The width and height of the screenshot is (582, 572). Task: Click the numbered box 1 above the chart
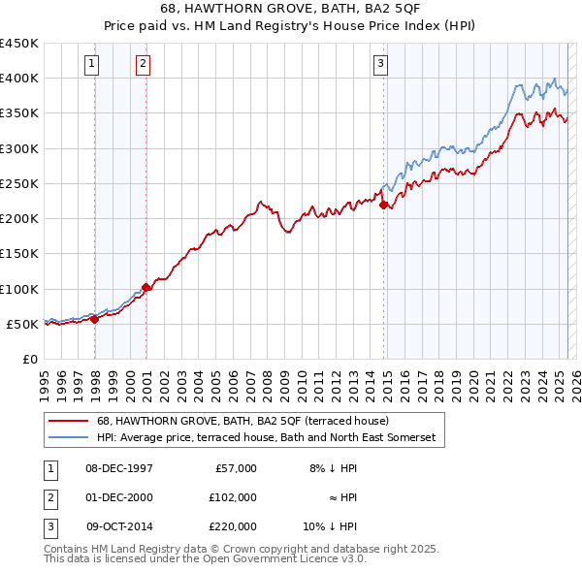pyautogui.click(x=90, y=65)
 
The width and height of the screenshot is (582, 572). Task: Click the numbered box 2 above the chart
pyautogui.click(x=143, y=65)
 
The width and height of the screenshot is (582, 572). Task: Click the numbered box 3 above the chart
pyautogui.click(x=380, y=65)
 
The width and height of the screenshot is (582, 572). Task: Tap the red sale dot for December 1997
pyautogui.click(x=95, y=319)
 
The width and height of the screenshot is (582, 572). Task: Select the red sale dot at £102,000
pyautogui.click(x=146, y=287)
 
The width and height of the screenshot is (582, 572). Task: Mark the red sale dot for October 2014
pyautogui.click(x=384, y=205)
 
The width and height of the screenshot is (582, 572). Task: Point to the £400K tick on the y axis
pyautogui.click(x=19, y=79)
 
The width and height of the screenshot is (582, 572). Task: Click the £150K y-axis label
pyautogui.click(x=19, y=254)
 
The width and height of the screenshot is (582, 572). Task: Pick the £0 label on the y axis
pyautogui.click(x=29, y=360)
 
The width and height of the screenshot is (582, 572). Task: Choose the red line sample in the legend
pyautogui.click(x=69, y=422)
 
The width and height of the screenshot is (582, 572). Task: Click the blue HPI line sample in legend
pyautogui.click(x=69, y=438)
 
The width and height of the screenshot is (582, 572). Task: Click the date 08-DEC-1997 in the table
pyautogui.click(x=118, y=468)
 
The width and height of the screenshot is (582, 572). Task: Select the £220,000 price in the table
pyautogui.click(x=234, y=526)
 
